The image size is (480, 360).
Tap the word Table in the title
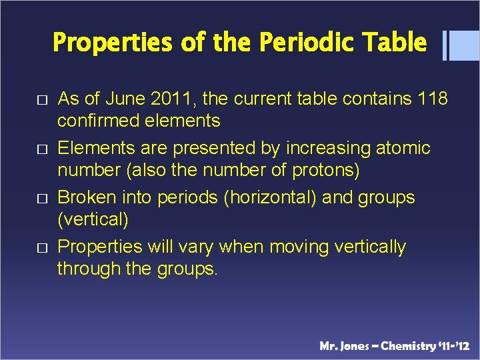tap(395, 43)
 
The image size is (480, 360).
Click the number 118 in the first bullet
tap(431, 99)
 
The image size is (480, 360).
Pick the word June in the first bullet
tap(127, 99)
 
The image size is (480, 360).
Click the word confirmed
tap(96, 121)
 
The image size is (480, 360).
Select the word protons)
tap(326, 170)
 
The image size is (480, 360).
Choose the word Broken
tap(86, 197)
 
